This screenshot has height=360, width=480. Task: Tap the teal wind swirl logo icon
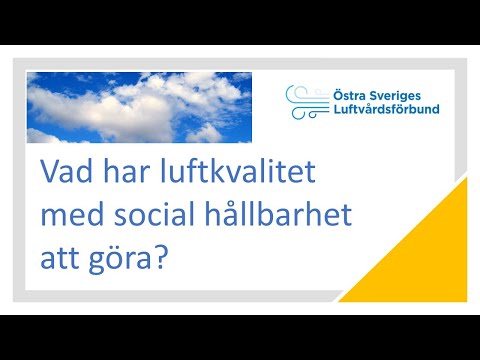300,100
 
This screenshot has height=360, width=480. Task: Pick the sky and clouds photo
139,106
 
